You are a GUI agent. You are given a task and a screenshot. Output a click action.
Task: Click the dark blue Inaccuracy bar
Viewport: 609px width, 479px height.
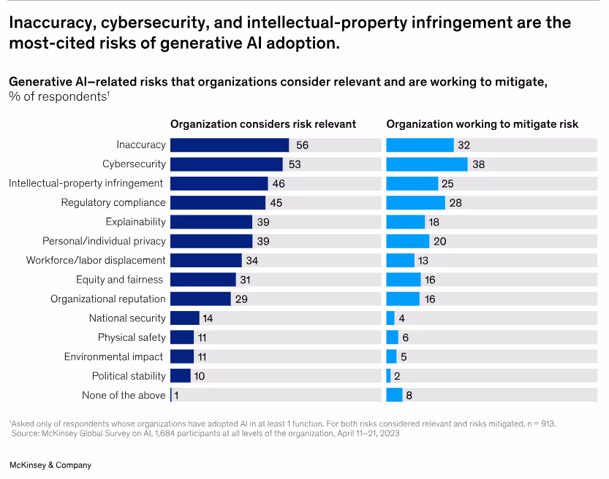(x=229, y=145)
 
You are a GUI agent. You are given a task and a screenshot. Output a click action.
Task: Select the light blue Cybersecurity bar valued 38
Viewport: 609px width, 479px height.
(x=426, y=164)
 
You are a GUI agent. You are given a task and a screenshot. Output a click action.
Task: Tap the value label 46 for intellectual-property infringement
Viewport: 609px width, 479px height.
(x=279, y=183)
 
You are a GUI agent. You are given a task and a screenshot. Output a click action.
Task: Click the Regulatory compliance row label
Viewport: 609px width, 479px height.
(x=113, y=202)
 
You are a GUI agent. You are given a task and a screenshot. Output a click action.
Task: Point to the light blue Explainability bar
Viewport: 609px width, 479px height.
(x=405, y=222)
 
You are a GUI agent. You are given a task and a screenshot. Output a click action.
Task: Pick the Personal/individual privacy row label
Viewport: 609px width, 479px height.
(x=104, y=241)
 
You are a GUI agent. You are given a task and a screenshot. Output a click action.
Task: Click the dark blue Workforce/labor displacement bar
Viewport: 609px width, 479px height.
(x=205, y=260)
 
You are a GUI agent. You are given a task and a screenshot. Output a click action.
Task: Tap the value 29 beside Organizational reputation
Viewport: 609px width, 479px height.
(x=241, y=299)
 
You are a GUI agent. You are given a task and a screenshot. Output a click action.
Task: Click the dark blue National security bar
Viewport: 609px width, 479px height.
(x=184, y=318)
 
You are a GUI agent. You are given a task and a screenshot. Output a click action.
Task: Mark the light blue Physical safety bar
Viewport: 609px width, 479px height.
(x=392, y=337)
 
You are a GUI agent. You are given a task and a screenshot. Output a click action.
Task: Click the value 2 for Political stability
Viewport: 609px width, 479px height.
(x=397, y=376)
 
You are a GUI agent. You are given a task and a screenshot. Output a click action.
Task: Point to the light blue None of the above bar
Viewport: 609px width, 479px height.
(x=394, y=395)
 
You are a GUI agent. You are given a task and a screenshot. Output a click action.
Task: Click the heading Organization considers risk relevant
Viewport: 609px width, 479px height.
(x=263, y=124)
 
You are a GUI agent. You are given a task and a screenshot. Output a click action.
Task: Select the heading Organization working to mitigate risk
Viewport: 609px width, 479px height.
(x=482, y=124)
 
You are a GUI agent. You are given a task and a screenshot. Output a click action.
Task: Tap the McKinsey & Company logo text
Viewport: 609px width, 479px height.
(x=50, y=465)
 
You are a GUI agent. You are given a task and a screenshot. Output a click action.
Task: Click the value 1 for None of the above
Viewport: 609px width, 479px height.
(x=176, y=395)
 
